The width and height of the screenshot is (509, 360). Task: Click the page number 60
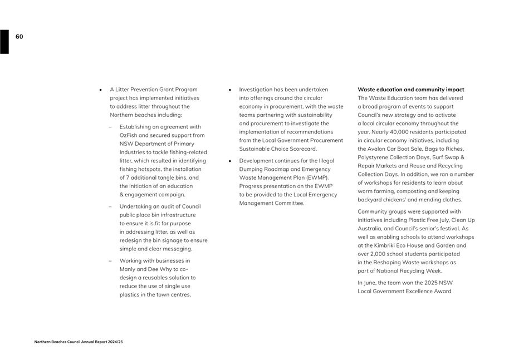[19, 37]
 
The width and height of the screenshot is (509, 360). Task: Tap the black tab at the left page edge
[4, 42]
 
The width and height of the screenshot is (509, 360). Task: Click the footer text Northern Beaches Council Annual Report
[78, 342]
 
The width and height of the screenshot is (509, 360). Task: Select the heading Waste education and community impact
[410, 90]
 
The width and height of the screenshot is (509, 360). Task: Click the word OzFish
[129, 135]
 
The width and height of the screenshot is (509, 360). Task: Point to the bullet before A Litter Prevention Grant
[100, 90]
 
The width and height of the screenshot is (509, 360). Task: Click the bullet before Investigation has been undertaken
[229, 90]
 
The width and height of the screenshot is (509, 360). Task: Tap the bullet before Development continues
[229, 161]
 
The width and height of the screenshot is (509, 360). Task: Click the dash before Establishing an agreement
[110, 127]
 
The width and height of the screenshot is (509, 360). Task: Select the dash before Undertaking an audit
[110, 206]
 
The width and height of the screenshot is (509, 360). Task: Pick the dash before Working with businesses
[110, 260]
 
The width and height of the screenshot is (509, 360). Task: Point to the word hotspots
[147, 169]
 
